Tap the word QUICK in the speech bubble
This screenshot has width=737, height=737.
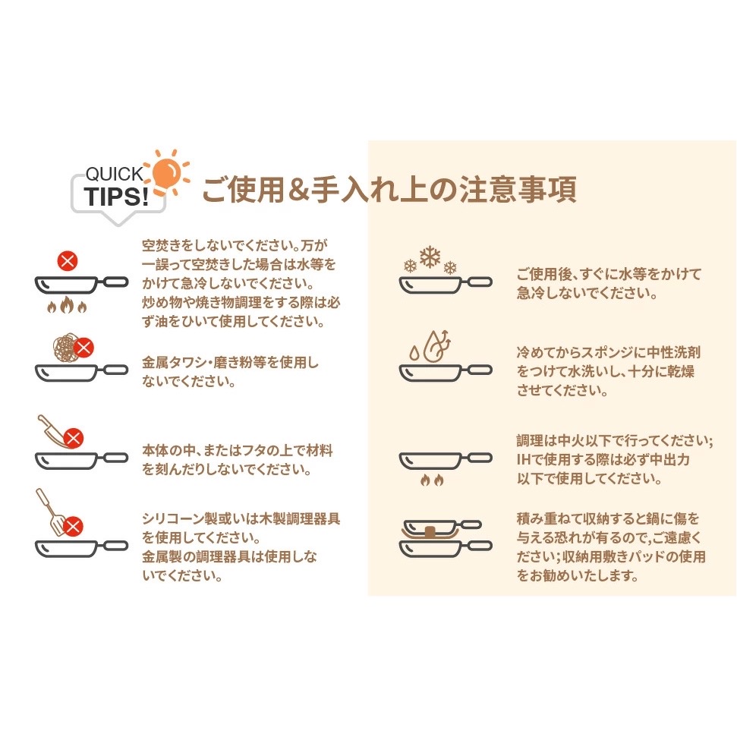click(114, 174)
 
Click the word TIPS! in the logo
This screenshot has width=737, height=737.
click(117, 197)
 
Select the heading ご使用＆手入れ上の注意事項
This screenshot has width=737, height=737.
click(389, 189)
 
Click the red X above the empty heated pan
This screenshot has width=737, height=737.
click(68, 261)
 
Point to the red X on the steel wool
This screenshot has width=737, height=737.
click(83, 348)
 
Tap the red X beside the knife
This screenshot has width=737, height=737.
click(74, 438)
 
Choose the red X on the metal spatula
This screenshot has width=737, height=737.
click(73, 527)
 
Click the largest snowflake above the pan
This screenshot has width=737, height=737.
click(430, 257)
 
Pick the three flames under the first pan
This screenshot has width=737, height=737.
click(67, 305)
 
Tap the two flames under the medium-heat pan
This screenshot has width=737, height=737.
click(432, 480)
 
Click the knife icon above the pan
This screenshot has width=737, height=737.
click(52, 430)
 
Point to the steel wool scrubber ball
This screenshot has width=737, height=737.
click(65, 348)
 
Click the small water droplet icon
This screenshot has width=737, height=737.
click(414, 353)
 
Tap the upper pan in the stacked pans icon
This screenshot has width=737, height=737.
click(443, 526)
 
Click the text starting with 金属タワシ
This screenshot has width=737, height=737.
click(230, 372)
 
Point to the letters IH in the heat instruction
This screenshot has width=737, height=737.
click(524, 459)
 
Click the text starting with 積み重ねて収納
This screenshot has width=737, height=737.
click(610, 547)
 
